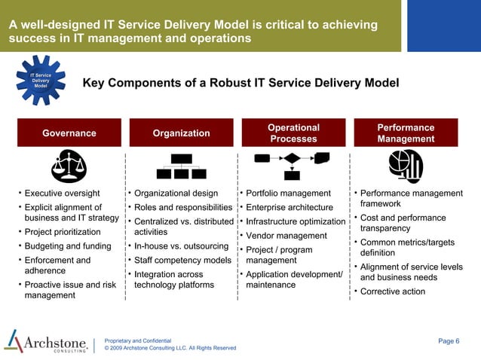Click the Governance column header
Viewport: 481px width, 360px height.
[x=69, y=133]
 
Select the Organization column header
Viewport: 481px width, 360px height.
[x=181, y=133]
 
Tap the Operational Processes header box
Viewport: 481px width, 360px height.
[x=293, y=133]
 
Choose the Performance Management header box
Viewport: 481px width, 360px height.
[x=406, y=133]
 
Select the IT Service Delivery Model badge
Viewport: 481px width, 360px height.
[x=40, y=81]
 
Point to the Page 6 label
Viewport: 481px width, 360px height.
[x=448, y=341]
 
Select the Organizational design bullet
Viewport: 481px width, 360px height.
[x=176, y=194]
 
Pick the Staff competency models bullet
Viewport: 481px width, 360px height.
[x=182, y=261]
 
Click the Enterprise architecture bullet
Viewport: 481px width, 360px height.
[x=290, y=207]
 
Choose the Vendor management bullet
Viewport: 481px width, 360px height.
[x=286, y=236]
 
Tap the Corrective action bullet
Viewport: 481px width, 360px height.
[x=393, y=291]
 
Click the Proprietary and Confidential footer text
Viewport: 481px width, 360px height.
[x=138, y=340]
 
